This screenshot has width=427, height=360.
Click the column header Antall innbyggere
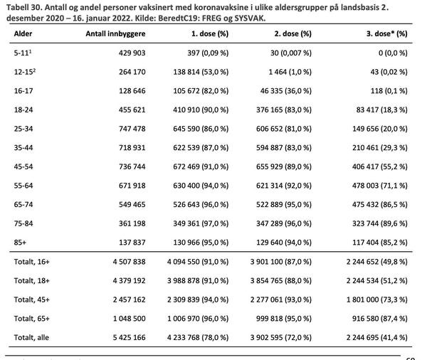point(115,33)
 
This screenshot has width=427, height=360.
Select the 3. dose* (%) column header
point(386,33)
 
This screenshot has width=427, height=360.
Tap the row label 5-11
point(23,53)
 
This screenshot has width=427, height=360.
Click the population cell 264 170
point(132,72)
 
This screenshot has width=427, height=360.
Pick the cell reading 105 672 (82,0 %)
point(201,90)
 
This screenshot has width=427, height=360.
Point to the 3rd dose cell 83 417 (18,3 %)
point(381,110)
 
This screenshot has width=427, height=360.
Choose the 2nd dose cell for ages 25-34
point(284,129)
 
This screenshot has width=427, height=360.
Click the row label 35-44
point(23,147)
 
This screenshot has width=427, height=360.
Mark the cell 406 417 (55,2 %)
point(380,166)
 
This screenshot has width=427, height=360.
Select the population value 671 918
point(132,186)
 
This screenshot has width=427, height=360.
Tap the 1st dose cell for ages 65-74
point(201,204)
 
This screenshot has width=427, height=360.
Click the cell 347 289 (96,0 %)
point(284,223)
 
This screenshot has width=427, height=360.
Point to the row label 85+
point(20,243)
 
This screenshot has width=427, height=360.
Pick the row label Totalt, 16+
point(32,262)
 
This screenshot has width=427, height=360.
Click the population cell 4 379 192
point(129,280)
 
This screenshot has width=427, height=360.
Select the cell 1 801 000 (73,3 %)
point(377,300)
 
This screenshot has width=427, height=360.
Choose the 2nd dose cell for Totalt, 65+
point(284,318)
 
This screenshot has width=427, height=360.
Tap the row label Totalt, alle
point(31,337)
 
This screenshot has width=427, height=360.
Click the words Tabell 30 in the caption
point(24,7)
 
